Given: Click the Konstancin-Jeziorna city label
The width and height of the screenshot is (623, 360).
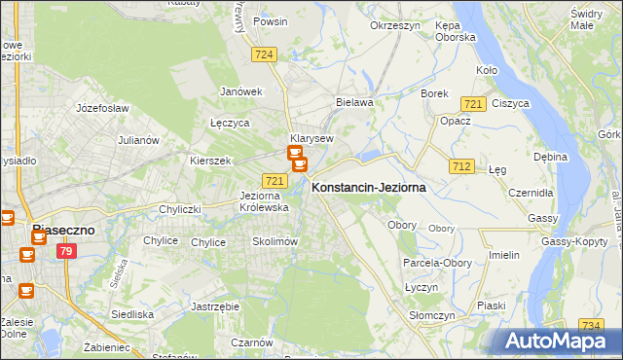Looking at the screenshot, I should tap(368, 188).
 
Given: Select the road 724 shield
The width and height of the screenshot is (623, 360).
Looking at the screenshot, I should tap(263, 55).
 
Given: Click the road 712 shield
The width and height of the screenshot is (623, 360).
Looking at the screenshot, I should tap(461, 167).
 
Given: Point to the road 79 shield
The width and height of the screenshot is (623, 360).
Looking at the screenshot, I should tap(66, 252).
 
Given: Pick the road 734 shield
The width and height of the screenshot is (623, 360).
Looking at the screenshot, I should tap(590, 325).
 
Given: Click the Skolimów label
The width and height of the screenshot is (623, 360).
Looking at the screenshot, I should tap(274, 241).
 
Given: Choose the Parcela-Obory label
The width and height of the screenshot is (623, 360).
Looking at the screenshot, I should tap(435, 263).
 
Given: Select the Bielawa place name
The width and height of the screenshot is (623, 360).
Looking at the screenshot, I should tap(354, 101).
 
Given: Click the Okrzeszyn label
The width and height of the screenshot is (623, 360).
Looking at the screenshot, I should tap(394, 26).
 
